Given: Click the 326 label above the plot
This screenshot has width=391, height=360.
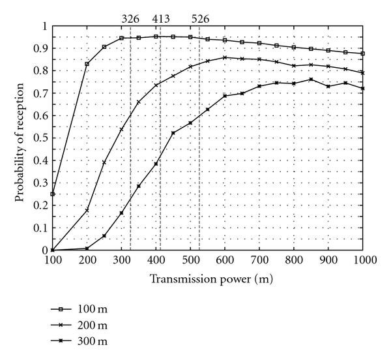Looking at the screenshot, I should (130, 19).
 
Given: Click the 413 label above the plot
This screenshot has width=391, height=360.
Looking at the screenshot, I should (160, 19).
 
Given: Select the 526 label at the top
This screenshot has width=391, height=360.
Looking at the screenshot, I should (199, 19).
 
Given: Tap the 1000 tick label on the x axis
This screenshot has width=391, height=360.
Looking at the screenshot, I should (362, 260).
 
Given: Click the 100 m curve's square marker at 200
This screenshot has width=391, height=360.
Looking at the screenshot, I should (87, 64).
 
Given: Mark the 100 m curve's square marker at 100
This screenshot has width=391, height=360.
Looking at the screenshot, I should (53, 194).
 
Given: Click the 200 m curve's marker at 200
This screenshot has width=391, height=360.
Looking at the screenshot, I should (87, 210).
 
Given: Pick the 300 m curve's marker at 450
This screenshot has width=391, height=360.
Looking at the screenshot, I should (173, 133).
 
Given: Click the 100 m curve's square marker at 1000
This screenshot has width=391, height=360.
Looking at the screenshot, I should (363, 53).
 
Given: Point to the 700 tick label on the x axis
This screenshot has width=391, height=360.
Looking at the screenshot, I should (259, 260).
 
